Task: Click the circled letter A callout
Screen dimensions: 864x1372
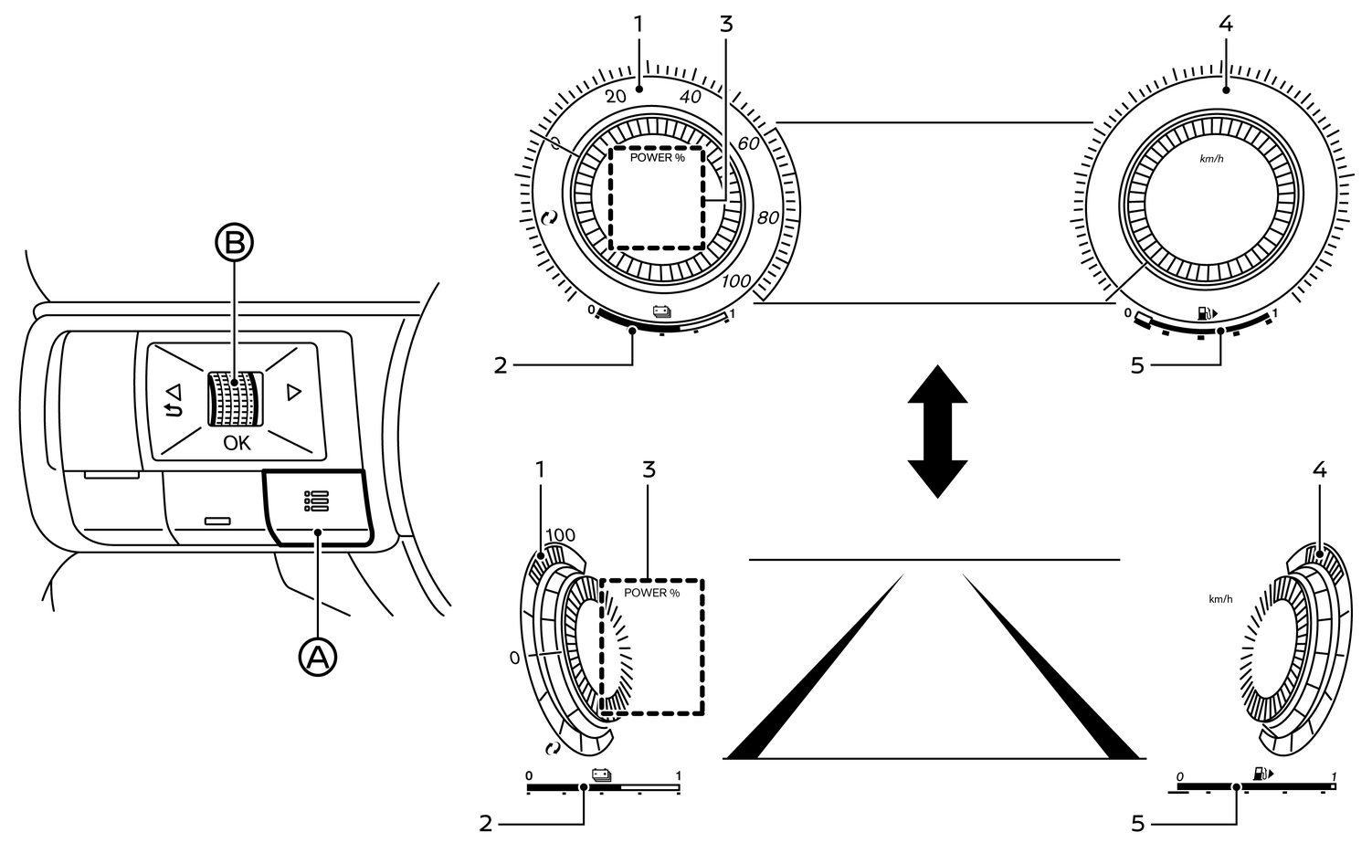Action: click(318, 655)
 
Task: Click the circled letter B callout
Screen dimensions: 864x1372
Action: click(234, 242)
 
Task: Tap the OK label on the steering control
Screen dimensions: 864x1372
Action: click(237, 443)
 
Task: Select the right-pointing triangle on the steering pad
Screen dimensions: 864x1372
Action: click(293, 393)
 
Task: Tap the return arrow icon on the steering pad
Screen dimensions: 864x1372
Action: click(171, 399)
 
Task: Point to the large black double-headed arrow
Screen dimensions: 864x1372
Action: click(937, 431)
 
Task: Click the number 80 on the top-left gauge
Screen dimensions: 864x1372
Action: click(767, 218)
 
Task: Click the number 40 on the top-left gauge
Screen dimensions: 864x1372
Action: click(691, 98)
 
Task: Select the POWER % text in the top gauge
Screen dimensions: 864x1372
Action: click(657, 158)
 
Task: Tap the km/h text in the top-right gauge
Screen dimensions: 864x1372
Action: click(1211, 159)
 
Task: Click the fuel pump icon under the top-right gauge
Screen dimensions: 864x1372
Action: click(1207, 313)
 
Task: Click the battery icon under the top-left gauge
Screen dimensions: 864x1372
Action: click(661, 312)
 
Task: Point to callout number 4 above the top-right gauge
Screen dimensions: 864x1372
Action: click(1226, 25)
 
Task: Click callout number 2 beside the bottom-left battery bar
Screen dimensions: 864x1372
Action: click(486, 823)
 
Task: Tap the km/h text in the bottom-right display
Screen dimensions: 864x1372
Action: click(1220, 599)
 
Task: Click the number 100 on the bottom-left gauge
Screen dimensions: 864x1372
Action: click(560, 535)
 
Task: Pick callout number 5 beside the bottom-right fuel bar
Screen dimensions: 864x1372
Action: click(1137, 823)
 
